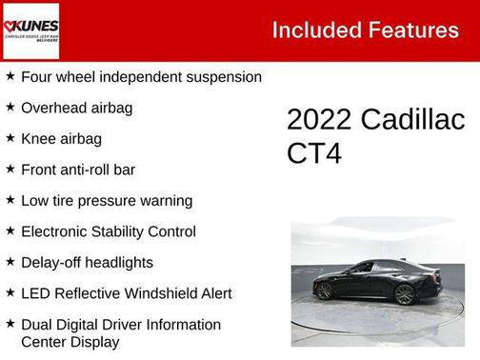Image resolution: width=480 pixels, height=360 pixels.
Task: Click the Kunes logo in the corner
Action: tap(30, 30)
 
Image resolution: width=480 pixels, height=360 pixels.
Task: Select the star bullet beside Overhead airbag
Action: tap(10, 108)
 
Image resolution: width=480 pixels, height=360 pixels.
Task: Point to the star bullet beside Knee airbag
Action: tap(10, 139)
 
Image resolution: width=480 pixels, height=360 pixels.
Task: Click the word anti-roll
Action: tap(93, 170)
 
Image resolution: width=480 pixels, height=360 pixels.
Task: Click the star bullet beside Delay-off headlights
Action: tap(10, 262)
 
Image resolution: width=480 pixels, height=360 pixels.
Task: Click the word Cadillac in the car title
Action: tap(412, 120)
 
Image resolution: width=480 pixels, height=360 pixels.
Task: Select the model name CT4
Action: tap(314, 153)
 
